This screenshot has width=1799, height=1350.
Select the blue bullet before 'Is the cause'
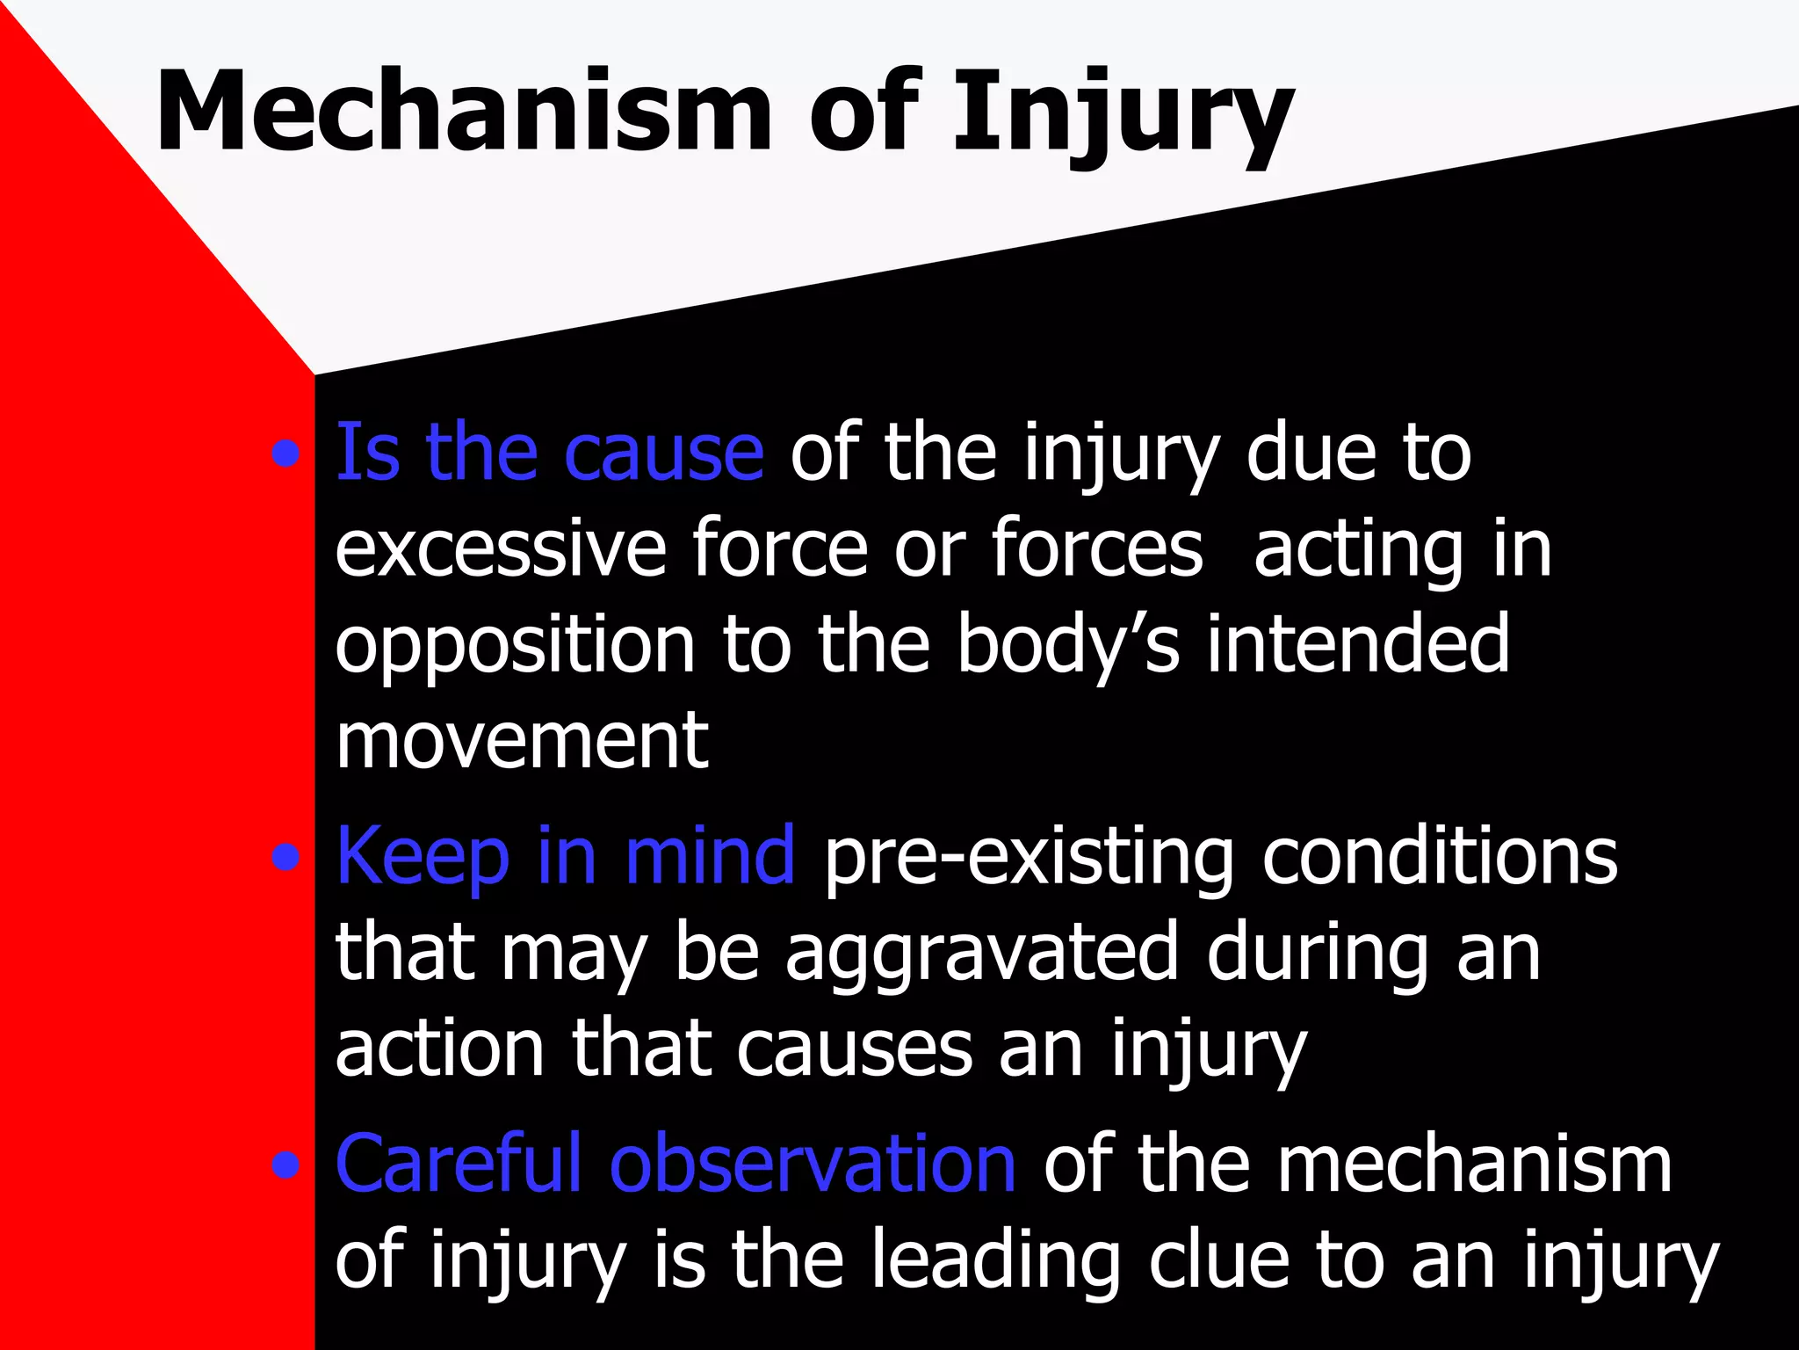click(285, 455)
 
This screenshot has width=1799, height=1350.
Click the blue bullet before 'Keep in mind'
click(285, 857)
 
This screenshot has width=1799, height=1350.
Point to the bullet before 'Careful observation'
click(285, 1166)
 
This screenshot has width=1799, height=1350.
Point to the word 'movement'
click(522, 742)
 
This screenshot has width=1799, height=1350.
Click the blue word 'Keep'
click(423, 857)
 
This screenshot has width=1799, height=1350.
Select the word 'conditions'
click(1440, 857)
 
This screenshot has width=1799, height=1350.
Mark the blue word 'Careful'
click(458, 1165)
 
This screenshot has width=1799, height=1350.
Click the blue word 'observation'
click(813, 1165)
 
